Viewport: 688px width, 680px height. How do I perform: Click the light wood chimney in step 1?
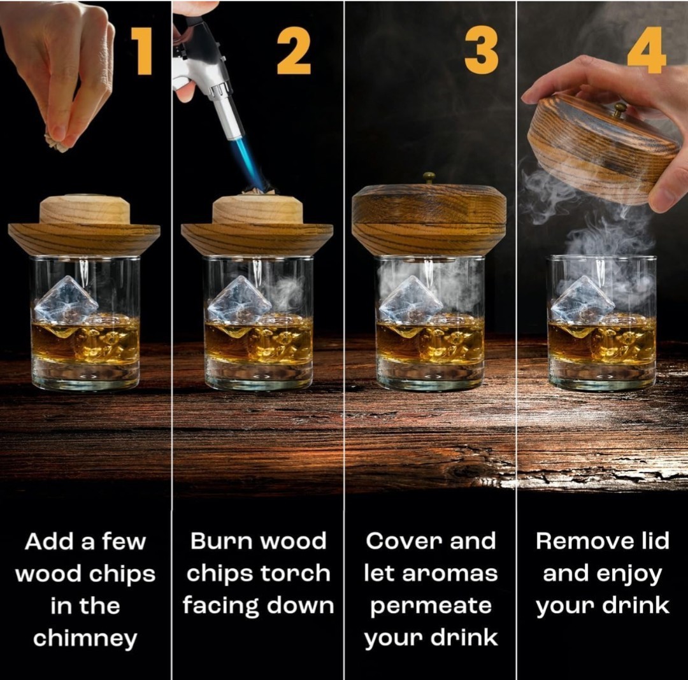click(x=85, y=210)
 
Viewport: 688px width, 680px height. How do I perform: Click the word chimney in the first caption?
click(x=85, y=637)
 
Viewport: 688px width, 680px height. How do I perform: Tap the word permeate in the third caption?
click(x=431, y=606)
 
